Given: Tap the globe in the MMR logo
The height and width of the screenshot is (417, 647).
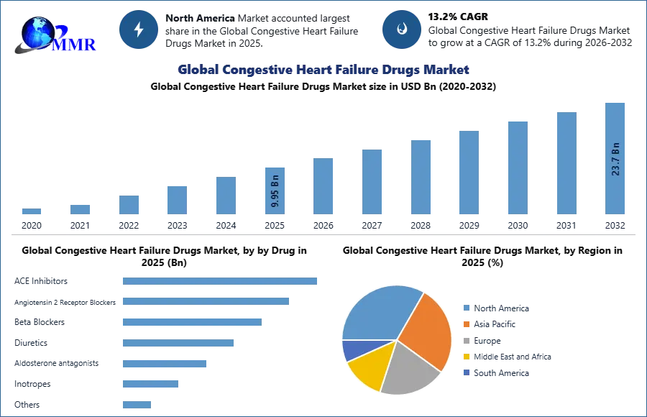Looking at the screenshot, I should click(36, 32).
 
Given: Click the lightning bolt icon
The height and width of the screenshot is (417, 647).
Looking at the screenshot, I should click(139, 29).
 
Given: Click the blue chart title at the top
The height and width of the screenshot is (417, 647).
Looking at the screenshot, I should click(323, 70).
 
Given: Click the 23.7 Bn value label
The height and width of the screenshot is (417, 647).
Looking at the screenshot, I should click(615, 159).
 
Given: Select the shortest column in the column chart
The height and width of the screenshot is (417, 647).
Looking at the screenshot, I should click(32, 213).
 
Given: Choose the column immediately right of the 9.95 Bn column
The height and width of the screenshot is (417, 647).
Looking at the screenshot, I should click(322, 187).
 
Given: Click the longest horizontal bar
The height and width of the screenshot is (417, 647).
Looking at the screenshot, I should click(221, 281).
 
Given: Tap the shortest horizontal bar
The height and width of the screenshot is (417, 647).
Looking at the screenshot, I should click(137, 403).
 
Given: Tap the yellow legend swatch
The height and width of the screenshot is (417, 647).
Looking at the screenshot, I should click(465, 357).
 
